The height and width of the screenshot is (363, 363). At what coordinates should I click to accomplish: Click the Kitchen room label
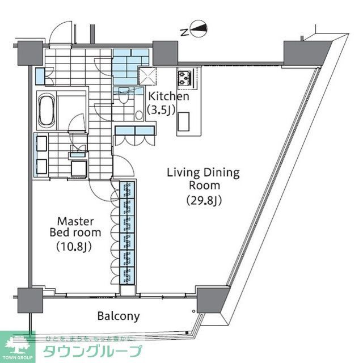click(168, 96)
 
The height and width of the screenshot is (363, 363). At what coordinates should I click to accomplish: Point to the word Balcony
click(118, 316)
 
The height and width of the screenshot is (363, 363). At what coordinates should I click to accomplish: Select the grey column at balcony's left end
click(29, 299)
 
